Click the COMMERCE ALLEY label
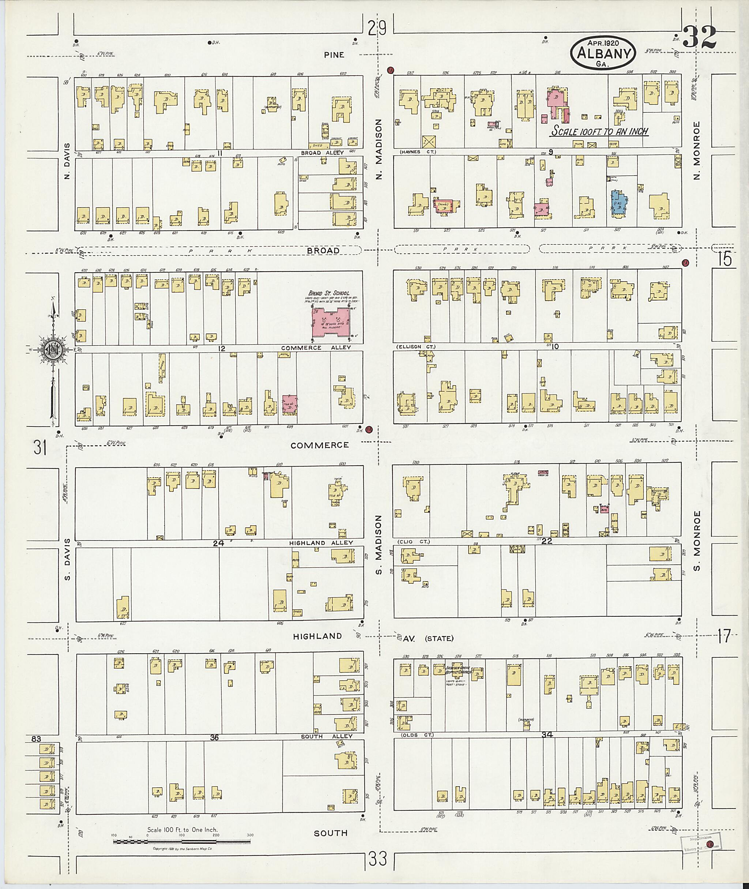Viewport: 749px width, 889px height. (316, 348)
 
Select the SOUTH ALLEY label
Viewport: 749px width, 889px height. (327, 736)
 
